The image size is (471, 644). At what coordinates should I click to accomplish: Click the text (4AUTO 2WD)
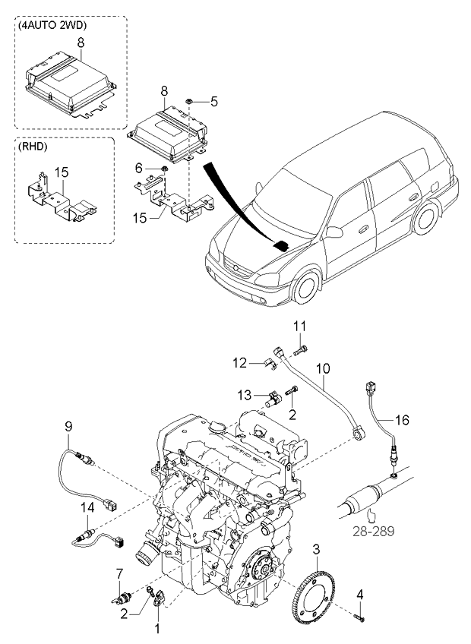(53, 25)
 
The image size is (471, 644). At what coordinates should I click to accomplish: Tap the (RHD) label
(34, 147)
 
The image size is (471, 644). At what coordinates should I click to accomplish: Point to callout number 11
(300, 327)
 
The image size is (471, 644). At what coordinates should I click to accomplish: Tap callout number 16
(401, 418)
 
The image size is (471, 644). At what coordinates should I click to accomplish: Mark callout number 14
(87, 506)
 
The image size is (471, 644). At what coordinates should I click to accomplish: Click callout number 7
(119, 572)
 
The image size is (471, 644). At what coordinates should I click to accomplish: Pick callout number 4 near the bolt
(360, 593)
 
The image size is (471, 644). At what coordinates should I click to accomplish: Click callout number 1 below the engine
(158, 629)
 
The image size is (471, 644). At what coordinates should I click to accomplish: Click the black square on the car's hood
(281, 245)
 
